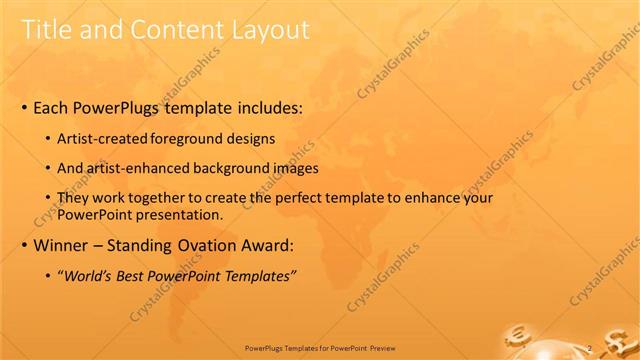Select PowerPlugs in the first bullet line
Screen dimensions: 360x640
tap(134, 105)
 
